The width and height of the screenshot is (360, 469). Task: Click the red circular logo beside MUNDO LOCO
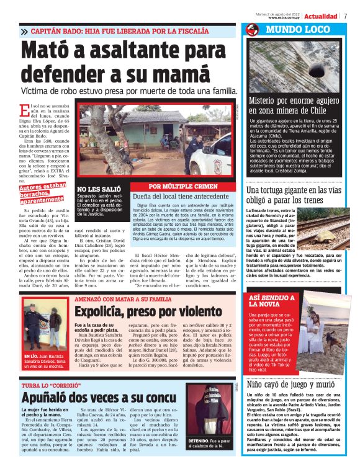click(251, 30)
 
